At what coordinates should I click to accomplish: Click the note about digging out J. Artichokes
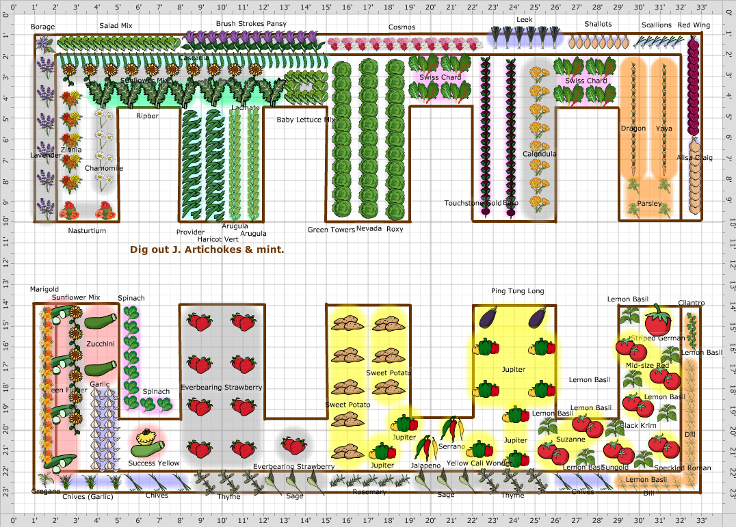(x=207, y=249)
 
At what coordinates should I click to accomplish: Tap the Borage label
(x=43, y=27)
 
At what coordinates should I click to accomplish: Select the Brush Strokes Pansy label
(x=251, y=23)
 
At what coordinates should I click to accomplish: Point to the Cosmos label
(x=402, y=27)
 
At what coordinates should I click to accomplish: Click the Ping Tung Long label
(x=517, y=291)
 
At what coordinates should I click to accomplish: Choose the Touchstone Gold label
(x=472, y=203)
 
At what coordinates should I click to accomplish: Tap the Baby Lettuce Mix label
(x=306, y=120)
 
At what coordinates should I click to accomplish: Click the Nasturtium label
(x=87, y=231)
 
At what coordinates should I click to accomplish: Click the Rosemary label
(x=369, y=492)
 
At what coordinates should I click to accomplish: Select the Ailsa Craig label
(x=694, y=158)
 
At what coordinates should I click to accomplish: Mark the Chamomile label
(x=104, y=168)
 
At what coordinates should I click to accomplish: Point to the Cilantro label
(x=691, y=303)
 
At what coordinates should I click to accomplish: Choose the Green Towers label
(x=330, y=230)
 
